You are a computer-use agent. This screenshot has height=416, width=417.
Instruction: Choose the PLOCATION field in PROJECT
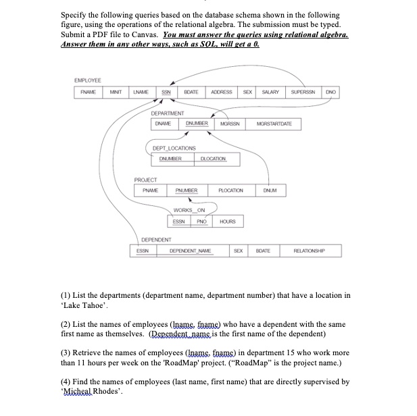pos(230,191)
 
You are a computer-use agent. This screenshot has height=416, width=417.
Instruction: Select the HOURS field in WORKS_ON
pos(227,222)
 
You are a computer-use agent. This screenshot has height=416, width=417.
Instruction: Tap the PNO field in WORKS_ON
pos(201,222)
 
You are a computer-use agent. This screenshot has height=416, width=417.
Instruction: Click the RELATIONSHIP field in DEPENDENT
pos(310,251)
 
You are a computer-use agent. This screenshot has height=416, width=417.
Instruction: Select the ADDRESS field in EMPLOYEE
pos(221,93)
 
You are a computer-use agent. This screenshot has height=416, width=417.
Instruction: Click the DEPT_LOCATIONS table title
pos(174,148)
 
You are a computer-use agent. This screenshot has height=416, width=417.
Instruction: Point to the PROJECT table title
pos(145,180)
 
